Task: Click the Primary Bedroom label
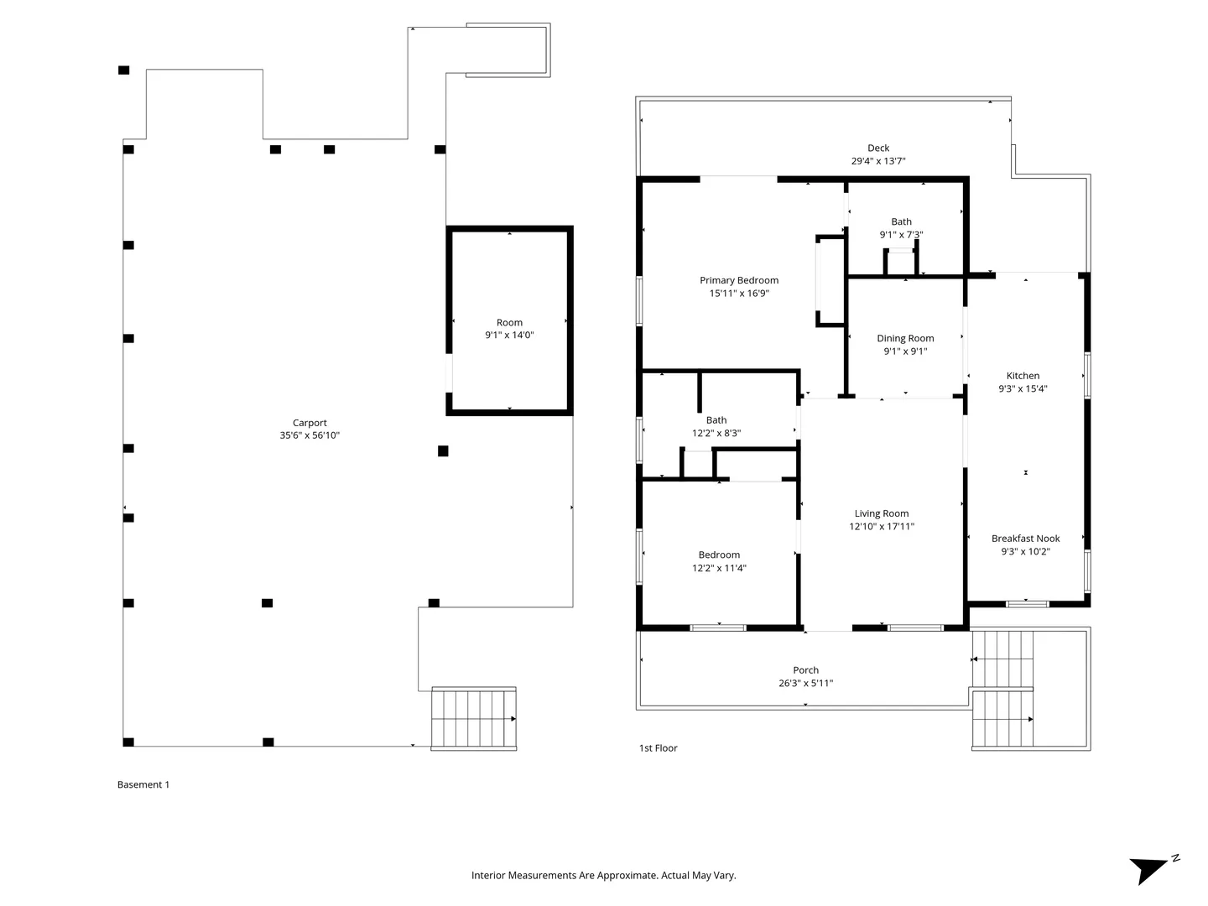pyautogui.click(x=738, y=280)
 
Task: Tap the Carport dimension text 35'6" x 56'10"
pyautogui.click(x=310, y=435)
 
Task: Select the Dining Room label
pyautogui.click(x=905, y=338)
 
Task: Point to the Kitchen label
pyautogui.click(x=1023, y=376)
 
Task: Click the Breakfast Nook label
pyautogui.click(x=1025, y=539)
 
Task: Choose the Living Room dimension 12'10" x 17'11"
pyautogui.click(x=881, y=527)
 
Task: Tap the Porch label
pyautogui.click(x=805, y=670)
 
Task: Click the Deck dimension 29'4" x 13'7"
pyautogui.click(x=877, y=161)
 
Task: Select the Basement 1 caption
pyautogui.click(x=143, y=784)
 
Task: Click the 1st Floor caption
pyautogui.click(x=658, y=748)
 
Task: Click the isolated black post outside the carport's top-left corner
pyautogui.click(x=124, y=70)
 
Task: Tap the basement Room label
pyautogui.click(x=509, y=322)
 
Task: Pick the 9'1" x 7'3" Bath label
pyautogui.click(x=901, y=228)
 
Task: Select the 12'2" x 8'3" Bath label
pyautogui.click(x=716, y=426)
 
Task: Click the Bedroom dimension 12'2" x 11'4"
pyautogui.click(x=719, y=568)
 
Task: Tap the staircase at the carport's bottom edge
pyautogui.click(x=473, y=718)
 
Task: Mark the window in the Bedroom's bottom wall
pyautogui.click(x=717, y=627)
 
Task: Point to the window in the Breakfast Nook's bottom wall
pyautogui.click(x=1027, y=604)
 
